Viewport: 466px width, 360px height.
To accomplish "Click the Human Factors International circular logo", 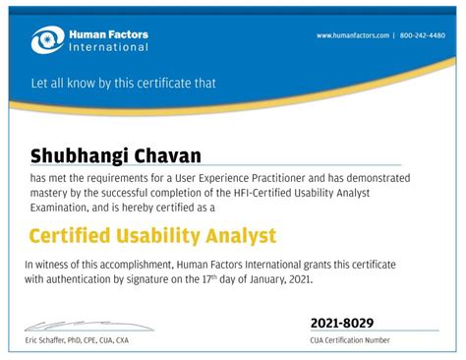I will click(x=45, y=40).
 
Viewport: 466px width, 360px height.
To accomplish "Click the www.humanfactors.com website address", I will click(x=353, y=35).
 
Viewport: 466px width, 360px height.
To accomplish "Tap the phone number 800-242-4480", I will click(x=423, y=35).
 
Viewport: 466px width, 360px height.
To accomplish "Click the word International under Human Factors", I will click(x=108, y=47).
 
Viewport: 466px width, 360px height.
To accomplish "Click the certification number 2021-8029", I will click(x=342, y=324).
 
